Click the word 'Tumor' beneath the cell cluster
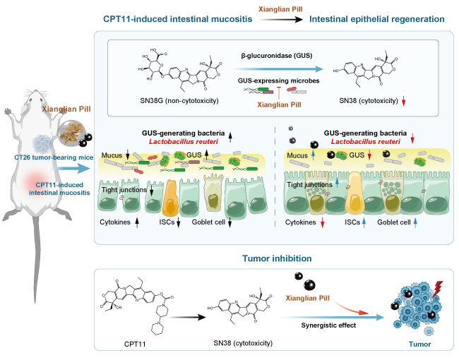coord(413,344)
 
